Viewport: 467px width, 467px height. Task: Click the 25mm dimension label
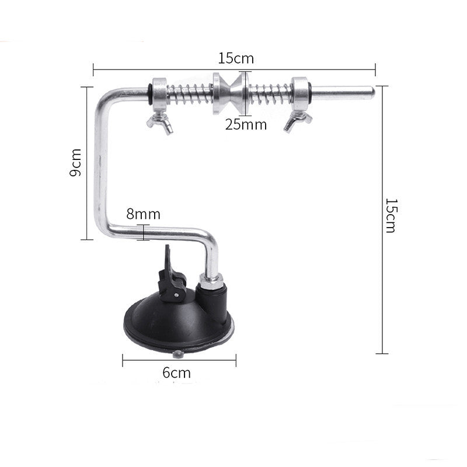click(246, 124)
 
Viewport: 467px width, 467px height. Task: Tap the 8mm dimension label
click(143, 214)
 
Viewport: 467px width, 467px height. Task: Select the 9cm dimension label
click(75, 163)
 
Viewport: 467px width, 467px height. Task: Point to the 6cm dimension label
click(176, 373)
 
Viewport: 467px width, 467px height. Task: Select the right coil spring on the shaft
click(270, 92)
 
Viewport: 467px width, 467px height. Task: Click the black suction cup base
click(178, 324)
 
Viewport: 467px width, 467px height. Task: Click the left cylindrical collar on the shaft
click(159, 92)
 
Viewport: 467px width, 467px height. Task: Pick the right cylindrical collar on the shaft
click(301, 92)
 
